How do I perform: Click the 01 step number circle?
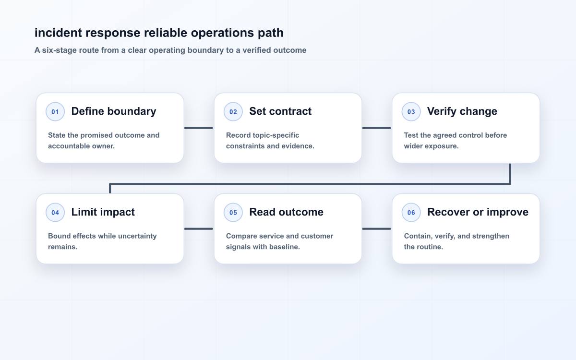[55, 111]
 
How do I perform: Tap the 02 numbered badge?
[233, 111]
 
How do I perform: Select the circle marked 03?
[411, 111]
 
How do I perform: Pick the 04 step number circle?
[55, 212]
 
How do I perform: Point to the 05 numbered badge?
[233, 212]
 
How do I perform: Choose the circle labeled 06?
[411, 212]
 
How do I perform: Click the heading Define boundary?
[114, 111]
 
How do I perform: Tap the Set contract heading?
[280, 111]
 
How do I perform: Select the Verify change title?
[462, 111]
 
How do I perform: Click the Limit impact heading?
[103, 212]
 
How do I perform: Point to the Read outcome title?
[286, 212]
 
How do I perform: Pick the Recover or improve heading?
[478, 212]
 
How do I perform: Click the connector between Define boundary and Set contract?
[199, 128]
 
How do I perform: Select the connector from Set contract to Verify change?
[377, 128]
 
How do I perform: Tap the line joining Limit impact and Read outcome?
[199, 228]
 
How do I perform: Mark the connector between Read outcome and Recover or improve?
[377, 228]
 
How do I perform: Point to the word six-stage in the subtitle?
[60, 50]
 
